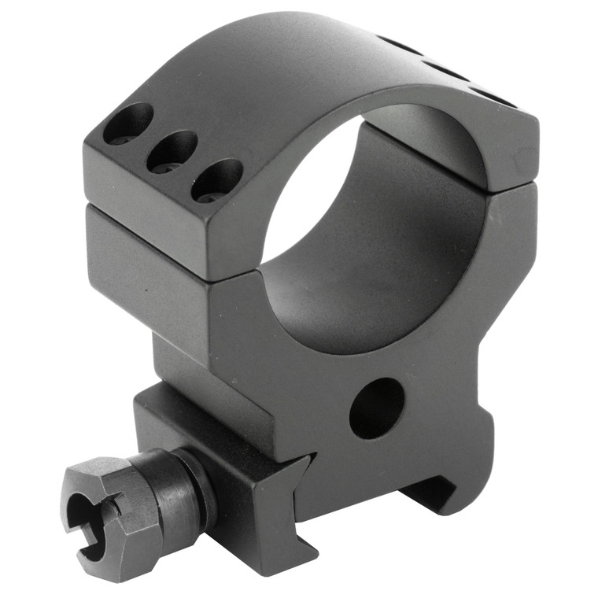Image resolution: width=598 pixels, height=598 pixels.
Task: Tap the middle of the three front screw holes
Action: point(171,152)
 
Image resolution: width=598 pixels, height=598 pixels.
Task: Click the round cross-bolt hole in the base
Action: point(376,407)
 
